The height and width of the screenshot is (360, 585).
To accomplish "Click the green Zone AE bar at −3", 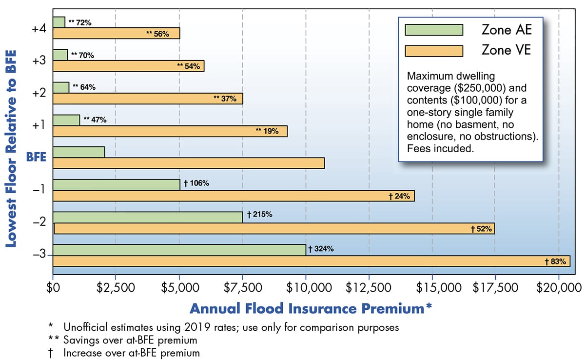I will click(179, 250).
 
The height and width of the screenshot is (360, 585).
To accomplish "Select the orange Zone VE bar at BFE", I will click(188, 163).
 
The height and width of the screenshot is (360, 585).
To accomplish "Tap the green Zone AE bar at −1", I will click(116, 184).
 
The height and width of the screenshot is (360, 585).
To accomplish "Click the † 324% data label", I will click(321, 249).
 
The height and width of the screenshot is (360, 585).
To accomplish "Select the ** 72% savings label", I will click(80, 22).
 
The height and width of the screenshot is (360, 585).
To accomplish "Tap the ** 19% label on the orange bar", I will click(267, 131).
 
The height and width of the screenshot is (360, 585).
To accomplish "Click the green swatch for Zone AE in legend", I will click(433, 30).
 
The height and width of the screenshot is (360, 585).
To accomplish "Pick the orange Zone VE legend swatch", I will click(433, 51).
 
